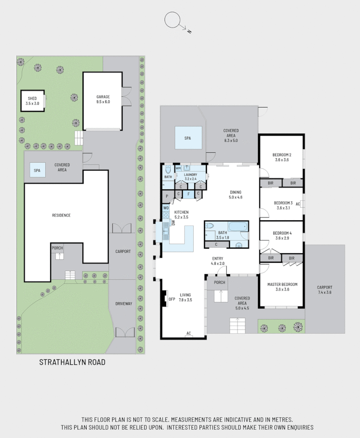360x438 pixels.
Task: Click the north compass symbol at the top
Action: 172,20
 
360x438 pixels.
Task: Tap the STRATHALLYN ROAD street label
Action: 72,362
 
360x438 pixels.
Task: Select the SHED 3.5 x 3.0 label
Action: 33,101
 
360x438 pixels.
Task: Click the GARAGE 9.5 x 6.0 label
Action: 103,99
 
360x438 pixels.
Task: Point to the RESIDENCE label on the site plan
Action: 61,215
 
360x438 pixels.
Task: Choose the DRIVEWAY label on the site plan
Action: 123,304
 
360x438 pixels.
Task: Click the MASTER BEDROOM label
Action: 282,287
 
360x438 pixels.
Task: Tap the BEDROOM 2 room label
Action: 282,157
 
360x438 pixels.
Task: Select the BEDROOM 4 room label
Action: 282,236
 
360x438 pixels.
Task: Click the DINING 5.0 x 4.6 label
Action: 235,194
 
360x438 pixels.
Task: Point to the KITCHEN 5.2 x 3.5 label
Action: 181,215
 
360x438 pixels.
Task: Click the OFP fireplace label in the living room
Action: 172,299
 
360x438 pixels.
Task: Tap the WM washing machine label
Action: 178,168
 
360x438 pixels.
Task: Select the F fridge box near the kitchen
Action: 189,194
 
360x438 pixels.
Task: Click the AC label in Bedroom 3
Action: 297,204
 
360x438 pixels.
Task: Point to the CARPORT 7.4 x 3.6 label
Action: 325,289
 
